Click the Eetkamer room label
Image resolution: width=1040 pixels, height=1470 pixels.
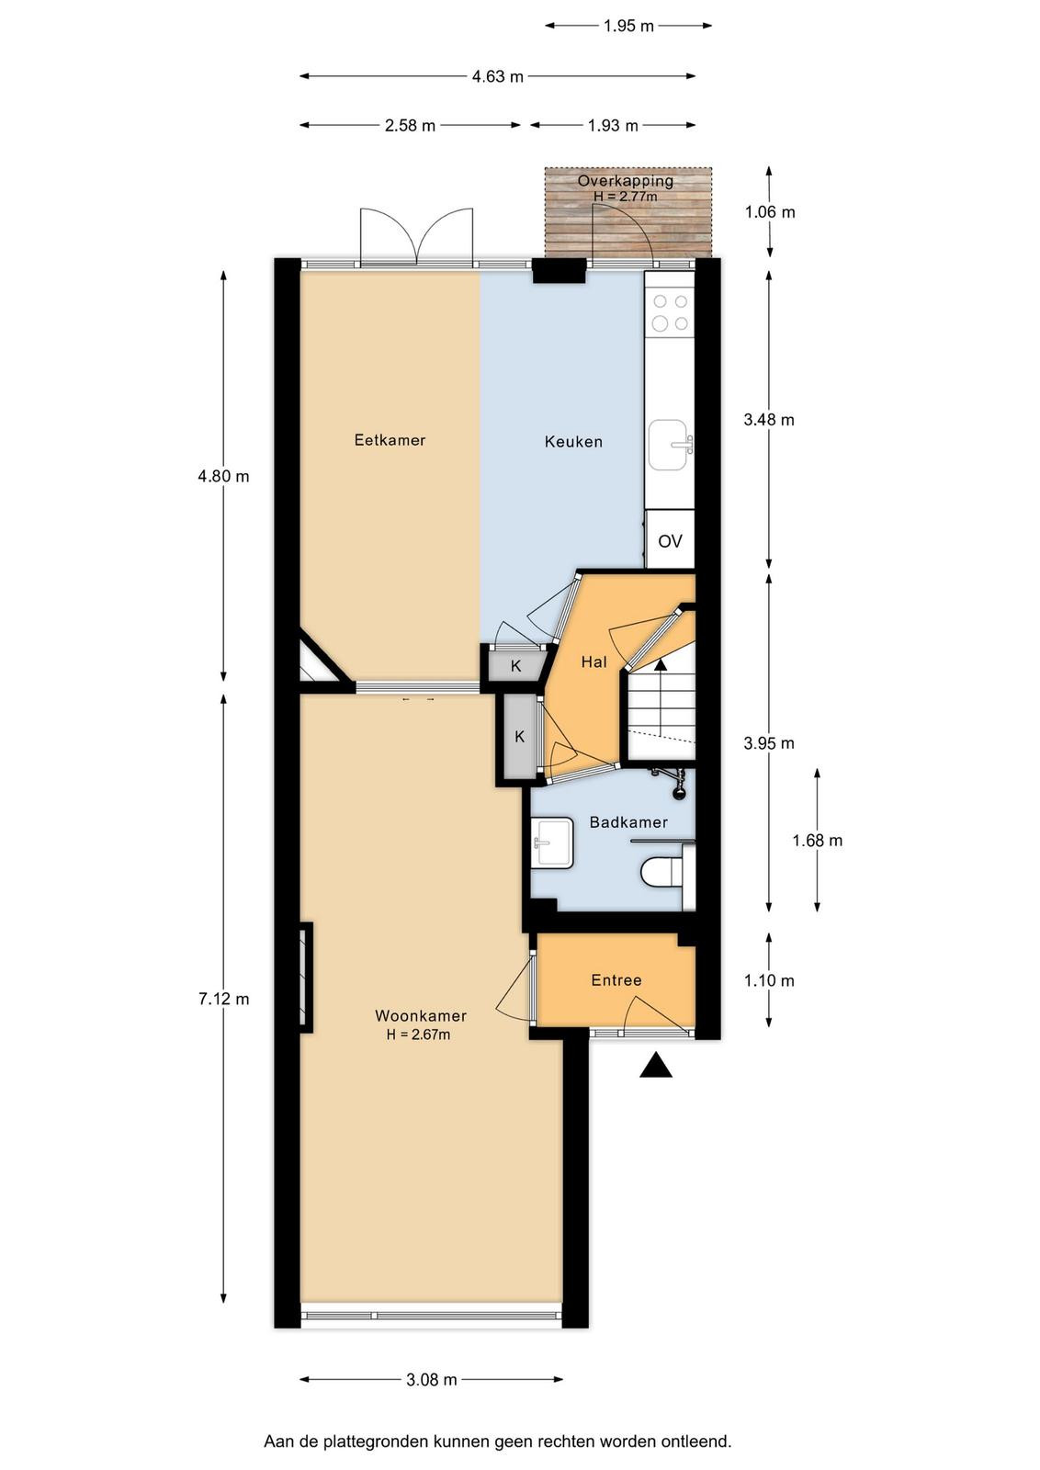[x=390, y=440]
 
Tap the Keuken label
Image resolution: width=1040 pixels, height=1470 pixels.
[x=573, y=442]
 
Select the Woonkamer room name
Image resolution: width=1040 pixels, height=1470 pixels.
[x=421, y=1015]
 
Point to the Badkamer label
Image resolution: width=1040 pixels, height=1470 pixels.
[x=627, y=822]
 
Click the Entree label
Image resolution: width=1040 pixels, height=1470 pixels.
[x=616, y=980]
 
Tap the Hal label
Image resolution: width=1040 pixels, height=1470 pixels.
[x=593, y=662]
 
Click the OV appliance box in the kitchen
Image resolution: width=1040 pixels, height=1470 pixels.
[x=669, y=540]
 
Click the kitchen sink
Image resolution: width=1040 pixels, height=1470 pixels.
[x=671, y=446]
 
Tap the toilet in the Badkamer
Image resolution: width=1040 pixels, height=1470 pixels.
[x=661, y=874]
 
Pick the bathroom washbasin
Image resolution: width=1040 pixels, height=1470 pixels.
[x=552, y=842]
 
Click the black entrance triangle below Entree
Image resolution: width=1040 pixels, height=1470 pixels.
[x=656, y=1065]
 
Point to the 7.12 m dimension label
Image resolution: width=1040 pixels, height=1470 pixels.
[x=224, y=1000]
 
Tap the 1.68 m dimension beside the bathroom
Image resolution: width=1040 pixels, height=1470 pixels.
[x=817, y=840]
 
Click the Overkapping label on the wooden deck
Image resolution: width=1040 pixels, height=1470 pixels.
[x=626, y=180]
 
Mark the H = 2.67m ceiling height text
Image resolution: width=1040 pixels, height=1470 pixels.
[x=419, y=1035]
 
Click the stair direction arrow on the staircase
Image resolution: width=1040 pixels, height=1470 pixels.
[x=661, y=664]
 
